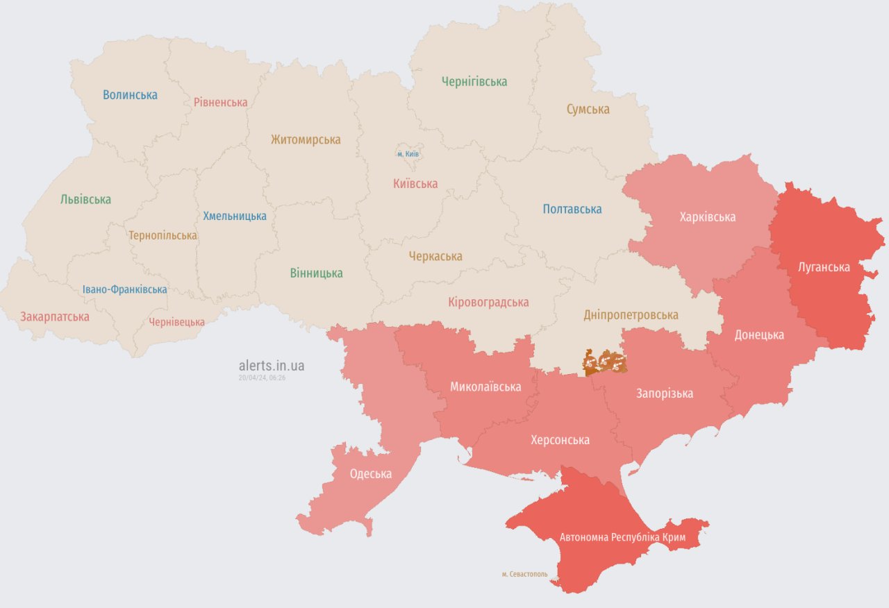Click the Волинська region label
(130, 95)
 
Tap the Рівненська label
(220, 103)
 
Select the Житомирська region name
(306, 140)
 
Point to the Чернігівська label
(474, 82)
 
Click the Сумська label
(588, 110)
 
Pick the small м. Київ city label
(408, 153)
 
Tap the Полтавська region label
(572, 209)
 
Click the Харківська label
(708, 217)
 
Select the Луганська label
(824, 267)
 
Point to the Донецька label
(759, 335)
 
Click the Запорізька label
(665, 394)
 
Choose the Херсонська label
(560, 440)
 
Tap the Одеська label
(370, 474)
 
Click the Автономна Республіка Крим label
(622, 538)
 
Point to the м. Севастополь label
(524, 575)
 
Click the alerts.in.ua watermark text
(271, 366)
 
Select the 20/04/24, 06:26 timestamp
(262, 378)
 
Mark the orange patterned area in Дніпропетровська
(604, 362)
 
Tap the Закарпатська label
(55, 317)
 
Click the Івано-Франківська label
(124, 289)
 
